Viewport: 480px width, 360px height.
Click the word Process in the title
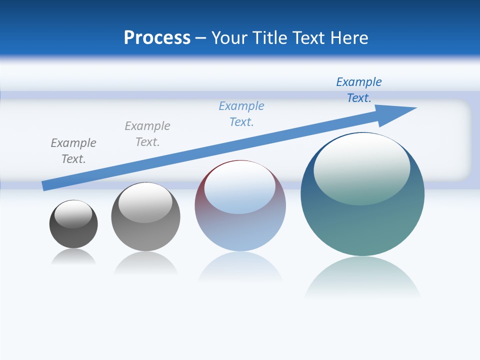157,38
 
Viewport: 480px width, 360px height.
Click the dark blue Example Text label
358,90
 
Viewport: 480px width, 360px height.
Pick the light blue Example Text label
241,114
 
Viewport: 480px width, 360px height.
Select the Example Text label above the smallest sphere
73,151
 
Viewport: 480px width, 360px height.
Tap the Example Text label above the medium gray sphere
147,134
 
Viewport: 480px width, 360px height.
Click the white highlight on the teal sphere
361,167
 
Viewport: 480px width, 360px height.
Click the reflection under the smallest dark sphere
73,257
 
